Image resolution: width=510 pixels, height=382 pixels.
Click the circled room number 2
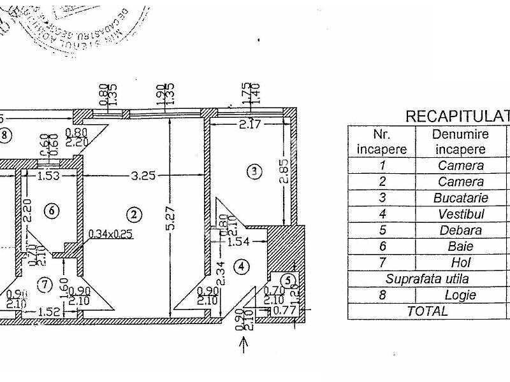tap(133, 213)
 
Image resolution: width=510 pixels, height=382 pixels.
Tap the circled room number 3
tap(254, 171)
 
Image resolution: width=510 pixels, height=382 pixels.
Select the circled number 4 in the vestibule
tap(240, 265)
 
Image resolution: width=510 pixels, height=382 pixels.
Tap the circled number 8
tap(5, 134)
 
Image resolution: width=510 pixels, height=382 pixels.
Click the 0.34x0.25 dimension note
tap(110, 234)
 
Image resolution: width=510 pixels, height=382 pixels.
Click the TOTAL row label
tap(427, 311)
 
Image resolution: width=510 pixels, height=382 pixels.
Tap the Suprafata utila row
tap(427, 279)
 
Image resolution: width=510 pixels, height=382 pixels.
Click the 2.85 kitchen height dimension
tap(285, 171)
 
